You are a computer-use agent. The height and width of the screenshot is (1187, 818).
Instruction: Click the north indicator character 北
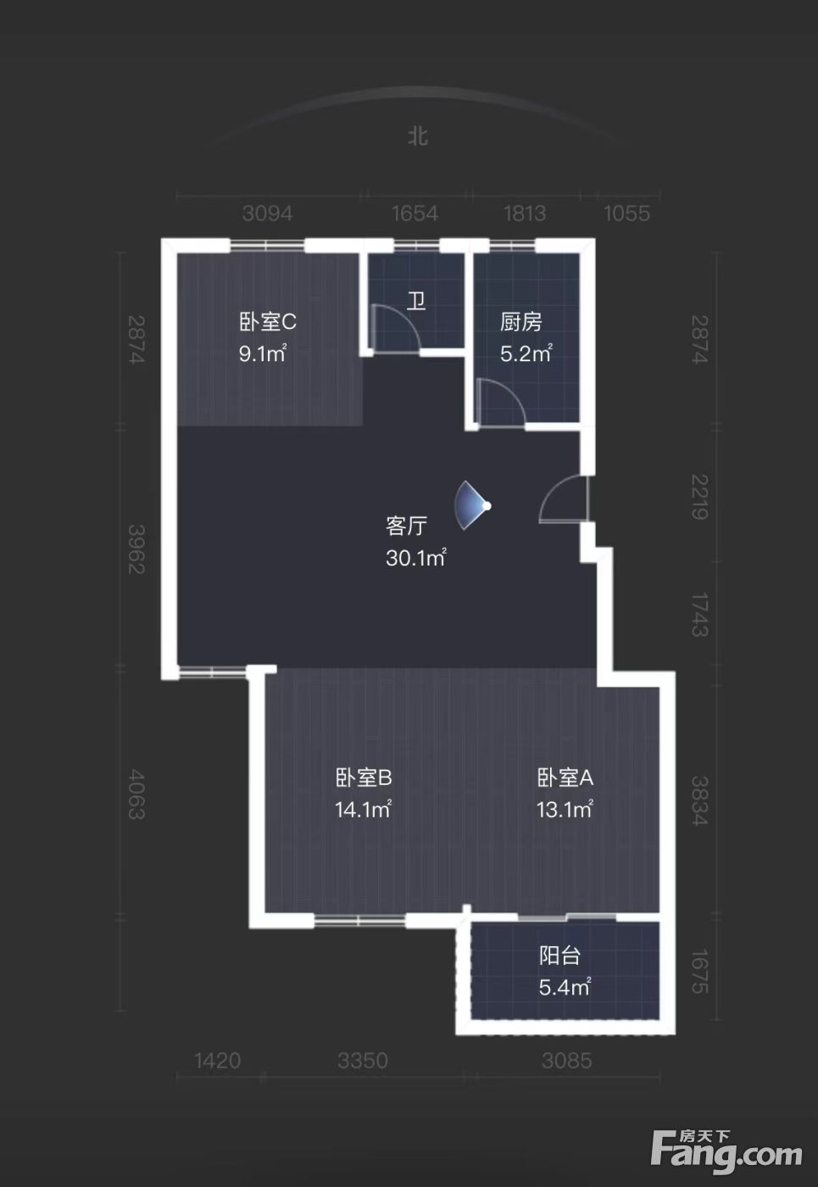coord(417,137)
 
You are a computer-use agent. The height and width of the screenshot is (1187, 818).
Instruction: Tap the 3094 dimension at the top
coord(268,214)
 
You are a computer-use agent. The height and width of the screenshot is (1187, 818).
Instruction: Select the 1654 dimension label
coord(415,214)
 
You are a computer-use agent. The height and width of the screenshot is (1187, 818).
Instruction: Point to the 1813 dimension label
coord(525,214)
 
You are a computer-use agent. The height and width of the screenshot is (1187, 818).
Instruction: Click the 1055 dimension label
coord(626,214)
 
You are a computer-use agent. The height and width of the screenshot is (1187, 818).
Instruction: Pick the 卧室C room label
coord(268,321)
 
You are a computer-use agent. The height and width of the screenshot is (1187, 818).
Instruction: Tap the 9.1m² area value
coord(262,354)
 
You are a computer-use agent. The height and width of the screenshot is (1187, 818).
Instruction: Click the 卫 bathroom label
coord(416,302)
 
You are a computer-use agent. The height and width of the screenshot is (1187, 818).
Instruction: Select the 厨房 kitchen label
coord(521,321)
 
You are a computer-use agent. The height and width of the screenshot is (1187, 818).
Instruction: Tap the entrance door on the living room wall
coord(564,499)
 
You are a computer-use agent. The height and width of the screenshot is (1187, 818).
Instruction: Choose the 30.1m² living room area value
coord(416,558)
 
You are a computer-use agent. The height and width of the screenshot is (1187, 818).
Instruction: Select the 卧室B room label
coord(364,778)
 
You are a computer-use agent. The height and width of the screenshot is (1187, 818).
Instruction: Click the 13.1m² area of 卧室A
coord(565,810)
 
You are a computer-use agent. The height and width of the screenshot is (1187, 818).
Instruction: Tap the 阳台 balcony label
coord(559,956)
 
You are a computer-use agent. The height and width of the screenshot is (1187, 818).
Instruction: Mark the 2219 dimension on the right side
coord(699,497)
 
